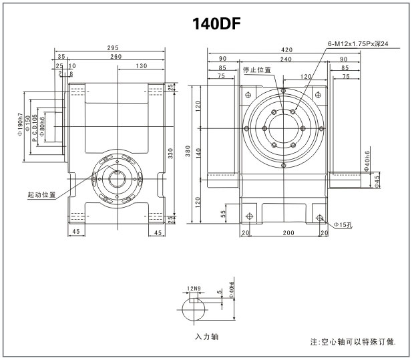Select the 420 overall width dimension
tap(286, 49)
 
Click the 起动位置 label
tap(41, 195)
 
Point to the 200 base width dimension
tap(287, 232)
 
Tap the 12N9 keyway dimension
tap(194, 289)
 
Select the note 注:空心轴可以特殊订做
tap(353, 341)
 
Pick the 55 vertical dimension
tap(224, 214)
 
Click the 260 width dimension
tap(116, 57)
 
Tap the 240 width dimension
tap(286, 59)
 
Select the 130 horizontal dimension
tap(141, 66)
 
